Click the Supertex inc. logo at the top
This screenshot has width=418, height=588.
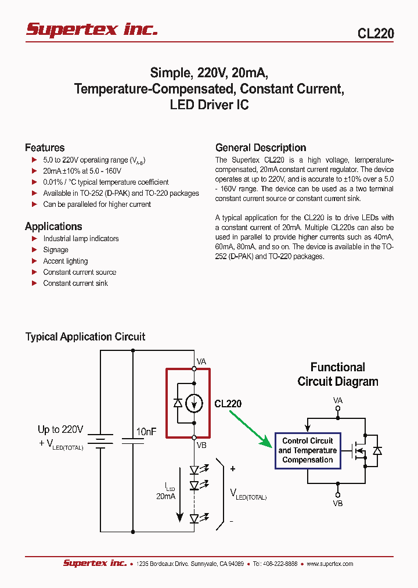[92, 30]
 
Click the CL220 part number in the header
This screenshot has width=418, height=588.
[375, 34]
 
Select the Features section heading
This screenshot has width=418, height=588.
[45, 148]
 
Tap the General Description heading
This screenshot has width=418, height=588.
[261, 148]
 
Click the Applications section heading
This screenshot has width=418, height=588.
[53, 227]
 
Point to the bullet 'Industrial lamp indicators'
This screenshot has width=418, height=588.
[81, 239]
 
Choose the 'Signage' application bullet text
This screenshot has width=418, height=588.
[56, 250]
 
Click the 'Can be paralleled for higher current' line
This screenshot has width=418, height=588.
[97, 205]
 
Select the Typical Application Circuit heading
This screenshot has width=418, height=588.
[85, 337]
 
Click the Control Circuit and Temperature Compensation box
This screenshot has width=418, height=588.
[307, 450]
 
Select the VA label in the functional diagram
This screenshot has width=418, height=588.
[338, 400]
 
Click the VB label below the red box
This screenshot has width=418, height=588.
[201, 446]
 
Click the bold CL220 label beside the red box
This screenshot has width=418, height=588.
[228, 403]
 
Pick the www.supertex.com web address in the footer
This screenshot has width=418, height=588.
[329, 564]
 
